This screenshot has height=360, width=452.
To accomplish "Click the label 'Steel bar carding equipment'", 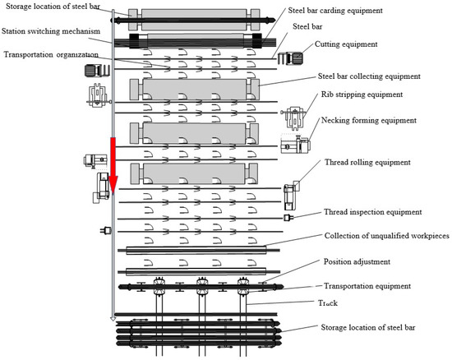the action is [335, 11].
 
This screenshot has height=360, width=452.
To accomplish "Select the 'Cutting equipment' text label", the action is [346, 44].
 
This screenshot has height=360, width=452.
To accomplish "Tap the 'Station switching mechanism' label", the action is [51, 31].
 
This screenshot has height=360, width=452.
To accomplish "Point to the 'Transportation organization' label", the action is [51, 54].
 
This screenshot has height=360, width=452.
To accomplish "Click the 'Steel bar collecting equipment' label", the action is [369, 76].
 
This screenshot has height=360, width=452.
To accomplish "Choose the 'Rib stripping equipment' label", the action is [362, 95].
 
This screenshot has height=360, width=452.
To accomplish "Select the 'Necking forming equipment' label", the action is [369, 120].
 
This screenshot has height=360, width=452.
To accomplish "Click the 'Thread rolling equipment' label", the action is [367, 162].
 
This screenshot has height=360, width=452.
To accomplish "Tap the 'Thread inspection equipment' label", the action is [373, 212].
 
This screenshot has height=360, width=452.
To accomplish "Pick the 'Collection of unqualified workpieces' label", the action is [387, 236].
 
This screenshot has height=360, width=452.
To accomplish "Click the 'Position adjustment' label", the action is [357, 261].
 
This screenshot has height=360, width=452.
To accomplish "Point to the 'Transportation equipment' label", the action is [367, 286].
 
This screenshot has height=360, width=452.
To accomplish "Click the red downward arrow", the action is [113, 165].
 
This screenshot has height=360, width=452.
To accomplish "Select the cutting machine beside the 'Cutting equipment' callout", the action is [290, 58].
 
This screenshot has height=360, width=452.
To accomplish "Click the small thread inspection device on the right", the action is [288, 218].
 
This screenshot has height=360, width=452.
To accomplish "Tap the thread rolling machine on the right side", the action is [291, 196].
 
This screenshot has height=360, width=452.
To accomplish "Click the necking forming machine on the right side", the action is [296, 144].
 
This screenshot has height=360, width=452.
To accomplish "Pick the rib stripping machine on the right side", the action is [293, 118].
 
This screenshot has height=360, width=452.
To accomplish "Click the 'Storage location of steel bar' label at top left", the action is [53, 7].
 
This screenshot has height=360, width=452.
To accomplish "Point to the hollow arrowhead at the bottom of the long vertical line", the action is [113, 319].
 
